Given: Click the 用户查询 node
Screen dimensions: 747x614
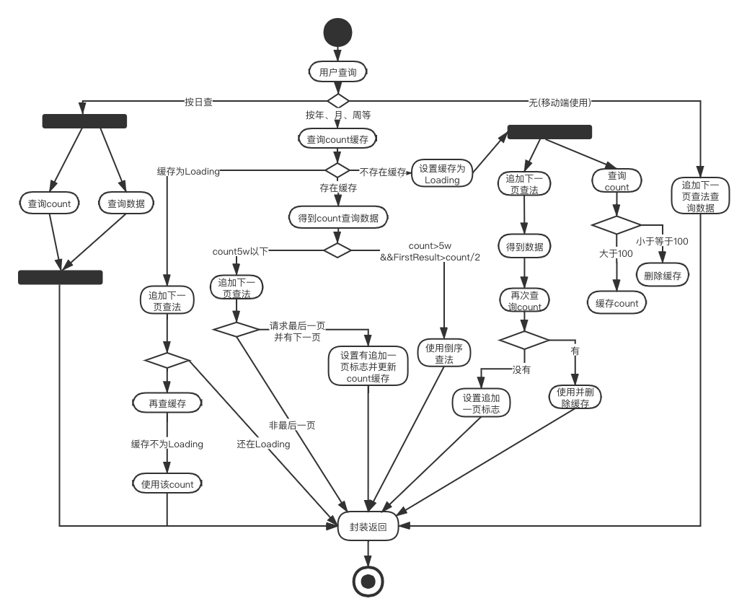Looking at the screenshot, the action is tap(337, 71).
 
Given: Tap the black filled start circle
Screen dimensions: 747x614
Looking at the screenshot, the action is tap(338, 32).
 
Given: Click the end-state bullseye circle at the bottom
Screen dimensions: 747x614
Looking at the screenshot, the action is tap(368, 580).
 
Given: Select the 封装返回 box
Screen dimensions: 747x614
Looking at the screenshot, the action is tap(368, 527).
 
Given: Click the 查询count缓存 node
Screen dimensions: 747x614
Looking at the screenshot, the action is tap(337, 139).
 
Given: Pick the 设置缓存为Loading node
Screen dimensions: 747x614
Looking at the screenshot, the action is tap(442, 174).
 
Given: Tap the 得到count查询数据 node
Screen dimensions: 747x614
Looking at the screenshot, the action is tap(337, 217).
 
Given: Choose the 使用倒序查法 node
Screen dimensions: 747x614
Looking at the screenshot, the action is tap(444, 353).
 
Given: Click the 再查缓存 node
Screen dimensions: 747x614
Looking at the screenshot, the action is tap(167, 403).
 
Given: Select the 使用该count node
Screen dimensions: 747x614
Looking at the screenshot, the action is tap(167, 484).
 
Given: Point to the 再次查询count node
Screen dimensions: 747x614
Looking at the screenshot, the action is tap(525, 301).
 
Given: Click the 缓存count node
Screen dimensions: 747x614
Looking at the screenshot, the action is tap(616, 303).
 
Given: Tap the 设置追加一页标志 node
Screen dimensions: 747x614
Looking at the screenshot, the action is tap(481, 403).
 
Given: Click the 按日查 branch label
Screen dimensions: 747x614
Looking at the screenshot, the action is tap(198, 102).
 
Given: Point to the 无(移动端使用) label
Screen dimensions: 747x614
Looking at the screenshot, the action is tap(560, 102).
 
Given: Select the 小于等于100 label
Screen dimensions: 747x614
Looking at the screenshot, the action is tap(661, 241).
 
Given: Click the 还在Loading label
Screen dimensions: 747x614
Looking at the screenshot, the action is tap(263, 444).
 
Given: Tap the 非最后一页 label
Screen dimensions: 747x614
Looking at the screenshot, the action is tap(292, 425).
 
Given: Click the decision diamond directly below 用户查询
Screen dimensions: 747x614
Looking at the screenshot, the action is tap(337, 100).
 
